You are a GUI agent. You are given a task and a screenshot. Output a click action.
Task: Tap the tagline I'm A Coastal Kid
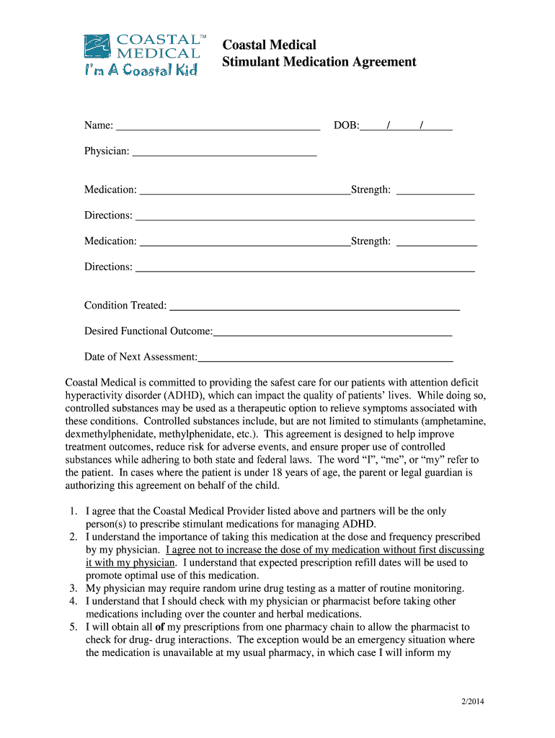click(x=141, y=70)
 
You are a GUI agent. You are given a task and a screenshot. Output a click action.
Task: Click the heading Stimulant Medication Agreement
click(x=319, y=62)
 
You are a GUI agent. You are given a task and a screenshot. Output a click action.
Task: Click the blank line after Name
click(x=218, y=128)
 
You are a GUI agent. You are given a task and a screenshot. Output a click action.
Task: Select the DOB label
click(x=346, y=126)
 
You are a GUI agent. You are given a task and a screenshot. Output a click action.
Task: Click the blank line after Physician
click(x=225, y=153)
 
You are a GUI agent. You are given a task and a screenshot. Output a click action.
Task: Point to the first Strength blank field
click(x=435, y=192)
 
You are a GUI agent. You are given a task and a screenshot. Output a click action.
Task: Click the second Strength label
click(x=370, y=241)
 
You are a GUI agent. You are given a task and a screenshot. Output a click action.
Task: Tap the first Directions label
click(x=108, y=215)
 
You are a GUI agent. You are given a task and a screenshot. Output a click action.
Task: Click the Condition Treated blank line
click(x=314, y=307)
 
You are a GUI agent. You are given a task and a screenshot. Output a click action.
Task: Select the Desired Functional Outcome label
click(x=148, y=331)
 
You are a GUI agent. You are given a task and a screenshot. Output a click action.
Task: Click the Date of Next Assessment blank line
click(x=325, y=358)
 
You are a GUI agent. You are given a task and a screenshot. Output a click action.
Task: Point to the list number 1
click(x=74, y=511)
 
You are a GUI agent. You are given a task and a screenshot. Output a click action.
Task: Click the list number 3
click(x=74, y=588)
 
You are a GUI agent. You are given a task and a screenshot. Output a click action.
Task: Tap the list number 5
click(x=74, y=627)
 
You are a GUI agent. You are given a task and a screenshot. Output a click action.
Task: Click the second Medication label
click(x=110, y=241)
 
